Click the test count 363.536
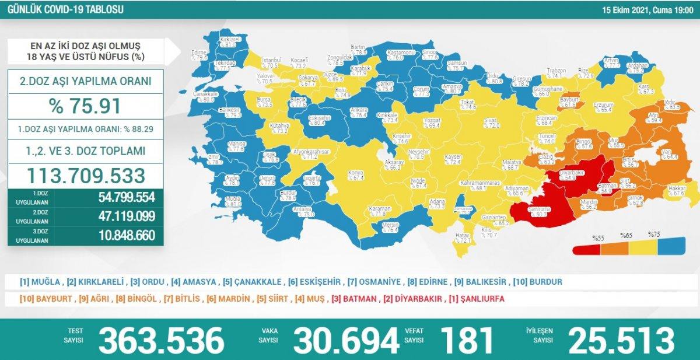pyautogui.click(x=161, y=340)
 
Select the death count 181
pyautogui.click(x=467, y=340)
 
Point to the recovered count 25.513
pyautogui.click(x=621, y=340)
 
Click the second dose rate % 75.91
pyautogui.click(x=85, y=106)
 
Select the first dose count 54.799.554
pyautogui.click(x=123, y=196)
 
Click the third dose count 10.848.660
pyautogui.click(x=123, y=235)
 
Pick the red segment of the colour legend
pyautogui.click(x=586, y=250)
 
